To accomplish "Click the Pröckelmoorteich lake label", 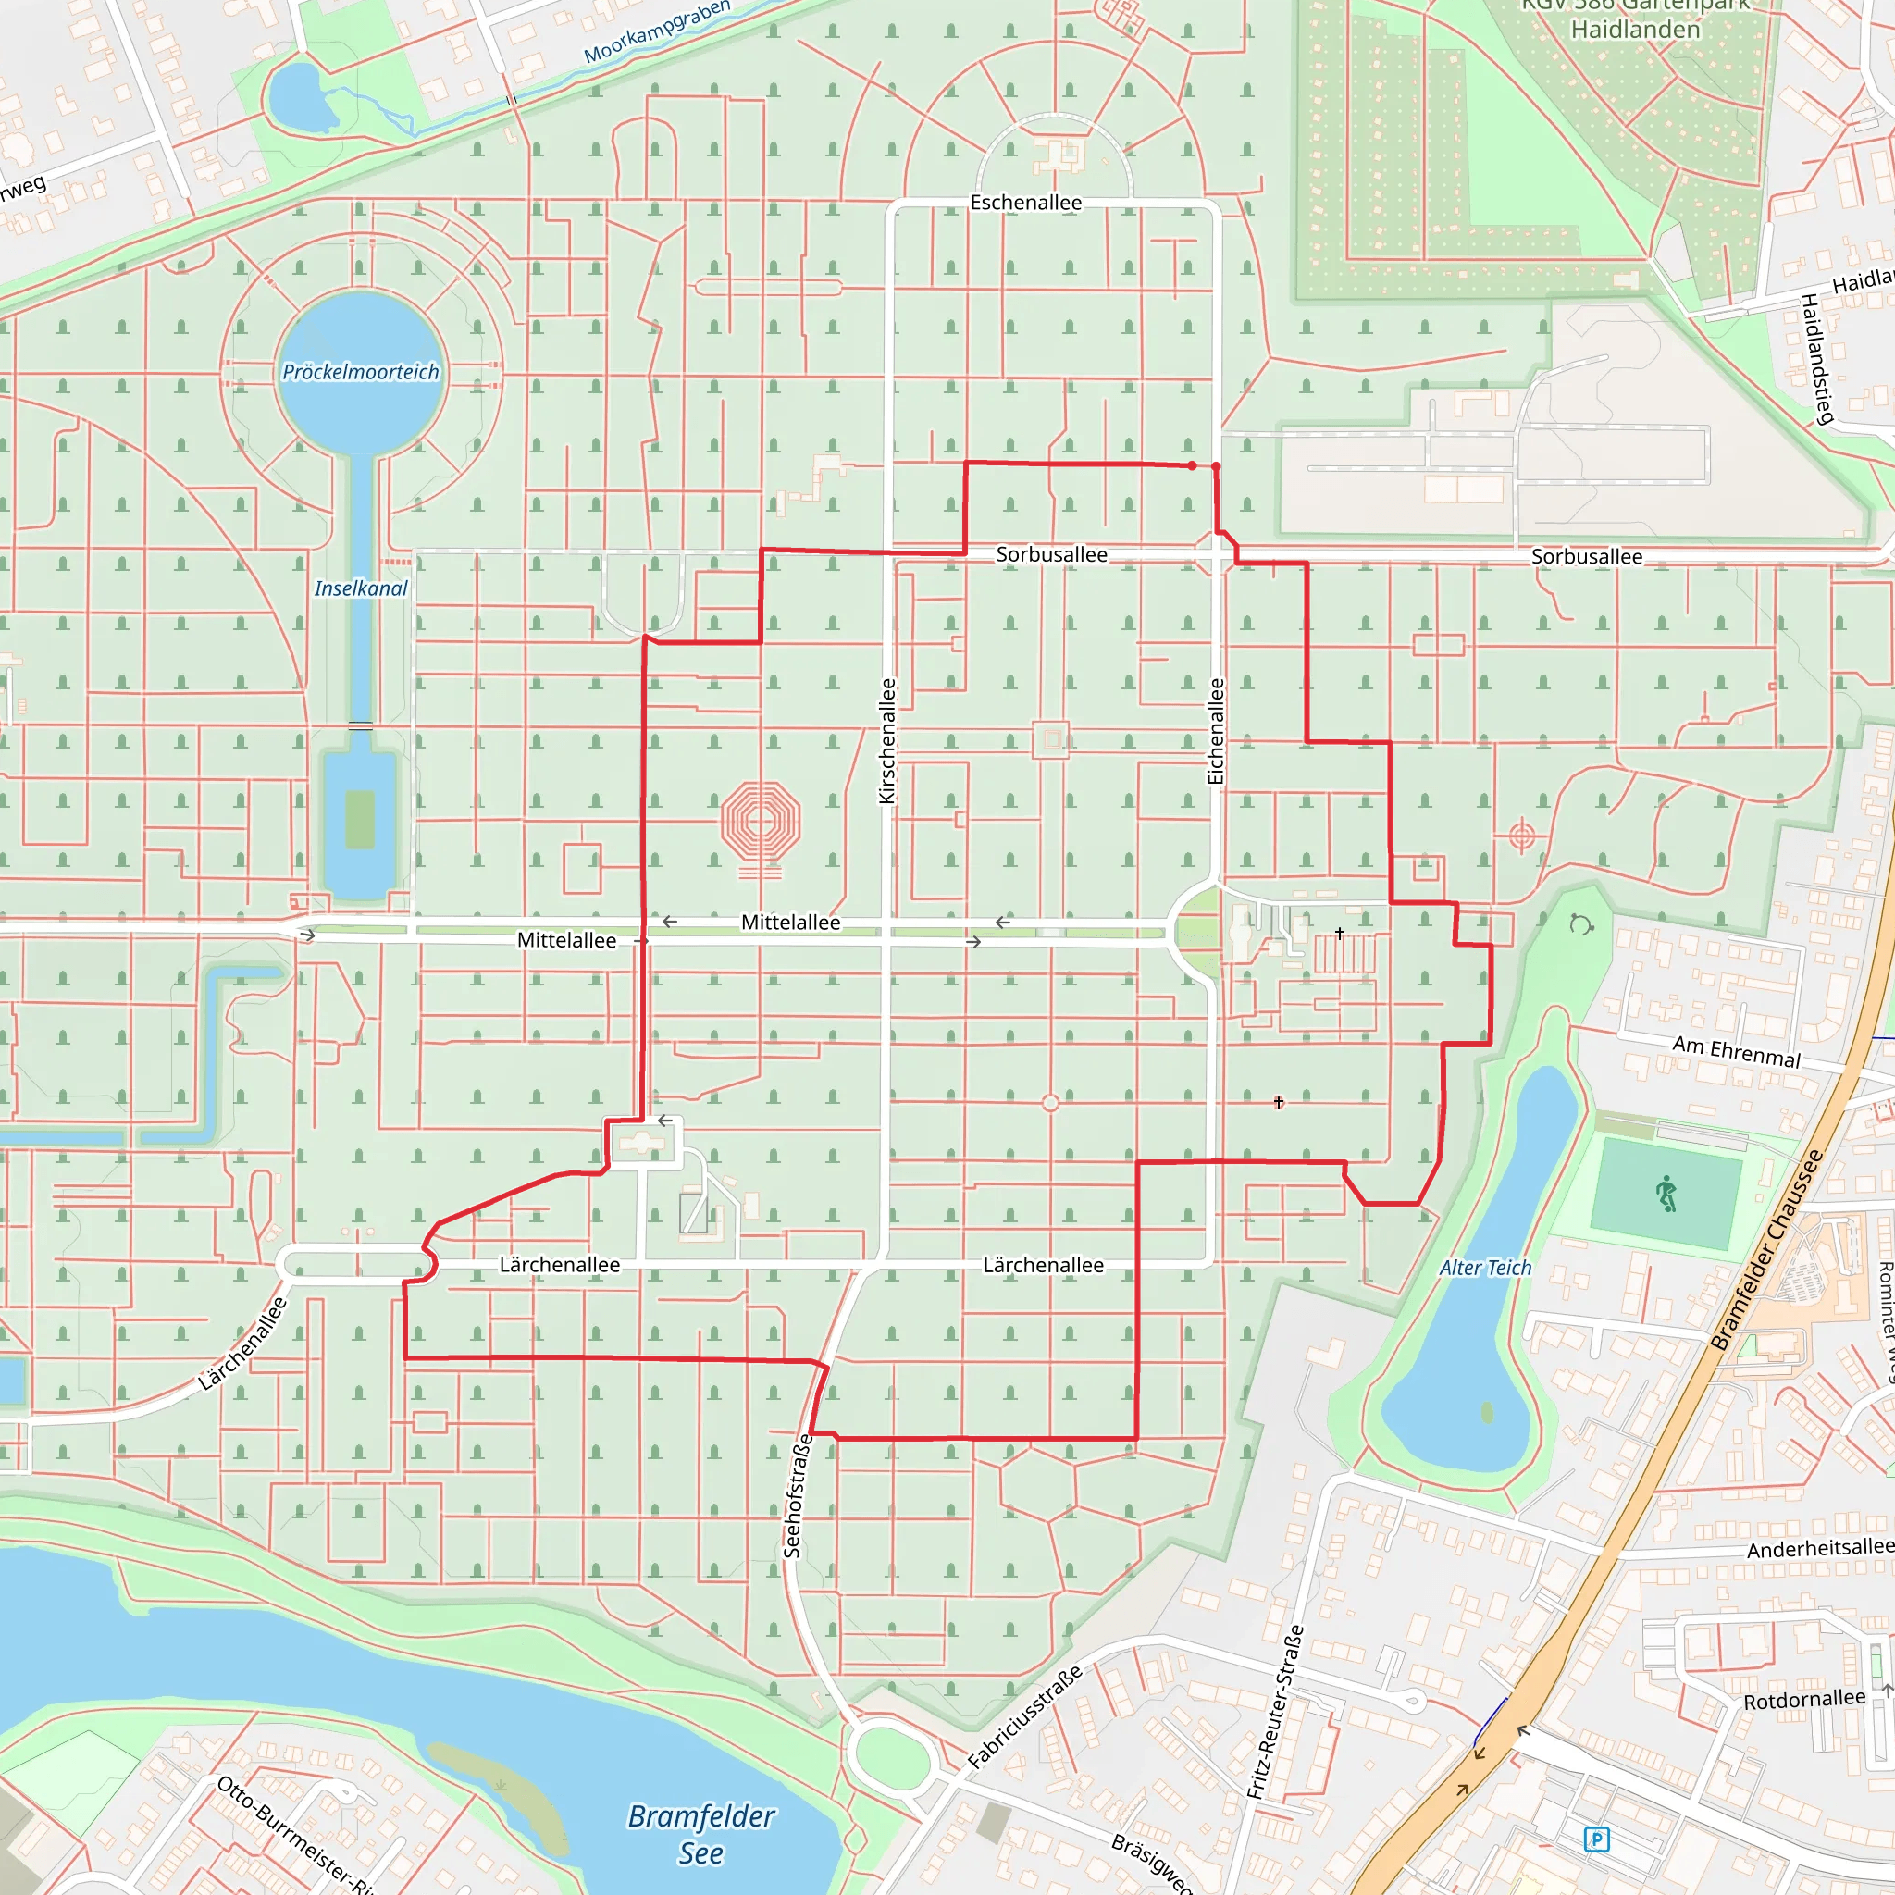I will point(361,372).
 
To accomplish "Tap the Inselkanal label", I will point(361,588).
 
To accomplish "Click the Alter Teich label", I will point(1485,1268).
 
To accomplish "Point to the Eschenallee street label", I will point(1026,203).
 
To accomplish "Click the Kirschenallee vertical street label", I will point(887,740).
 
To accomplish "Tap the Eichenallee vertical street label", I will point(1216,731).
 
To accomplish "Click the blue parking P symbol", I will point(1596,1839).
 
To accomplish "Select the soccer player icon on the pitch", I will point(1666,1195).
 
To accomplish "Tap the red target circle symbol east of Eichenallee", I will point(1521,836).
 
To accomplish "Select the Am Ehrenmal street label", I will point(1736,1051).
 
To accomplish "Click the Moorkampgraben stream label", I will point(657,31).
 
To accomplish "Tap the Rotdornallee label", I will point(1803,1700).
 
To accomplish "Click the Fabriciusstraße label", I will point(1025,1716).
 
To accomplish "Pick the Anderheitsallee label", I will point(1819,1548).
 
